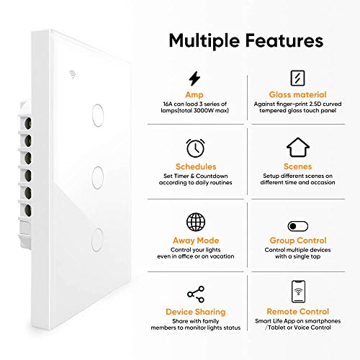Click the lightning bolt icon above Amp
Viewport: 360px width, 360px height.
coord(194,78)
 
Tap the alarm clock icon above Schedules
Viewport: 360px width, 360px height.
coord(194,147)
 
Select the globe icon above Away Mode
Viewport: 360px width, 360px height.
coord(194,221)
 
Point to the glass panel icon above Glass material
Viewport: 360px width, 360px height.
coord(297,78)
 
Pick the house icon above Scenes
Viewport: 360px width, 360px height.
coord(297,147)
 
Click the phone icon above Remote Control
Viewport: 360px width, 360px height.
coord(297,292)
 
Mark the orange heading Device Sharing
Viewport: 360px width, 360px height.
coord(194,312)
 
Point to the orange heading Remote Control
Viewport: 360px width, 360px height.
coord(297,312)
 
